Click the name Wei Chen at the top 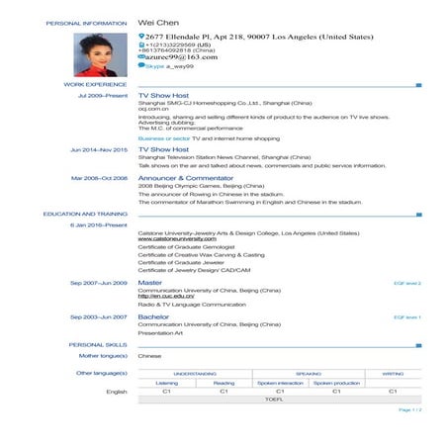coord(165,21)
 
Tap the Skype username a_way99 coord(172,70)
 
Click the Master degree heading coord(150,283)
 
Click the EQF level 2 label coord(407,283)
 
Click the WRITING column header coord(394,373)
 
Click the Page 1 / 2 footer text coord(409,409)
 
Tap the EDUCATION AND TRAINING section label coord(85,214)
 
